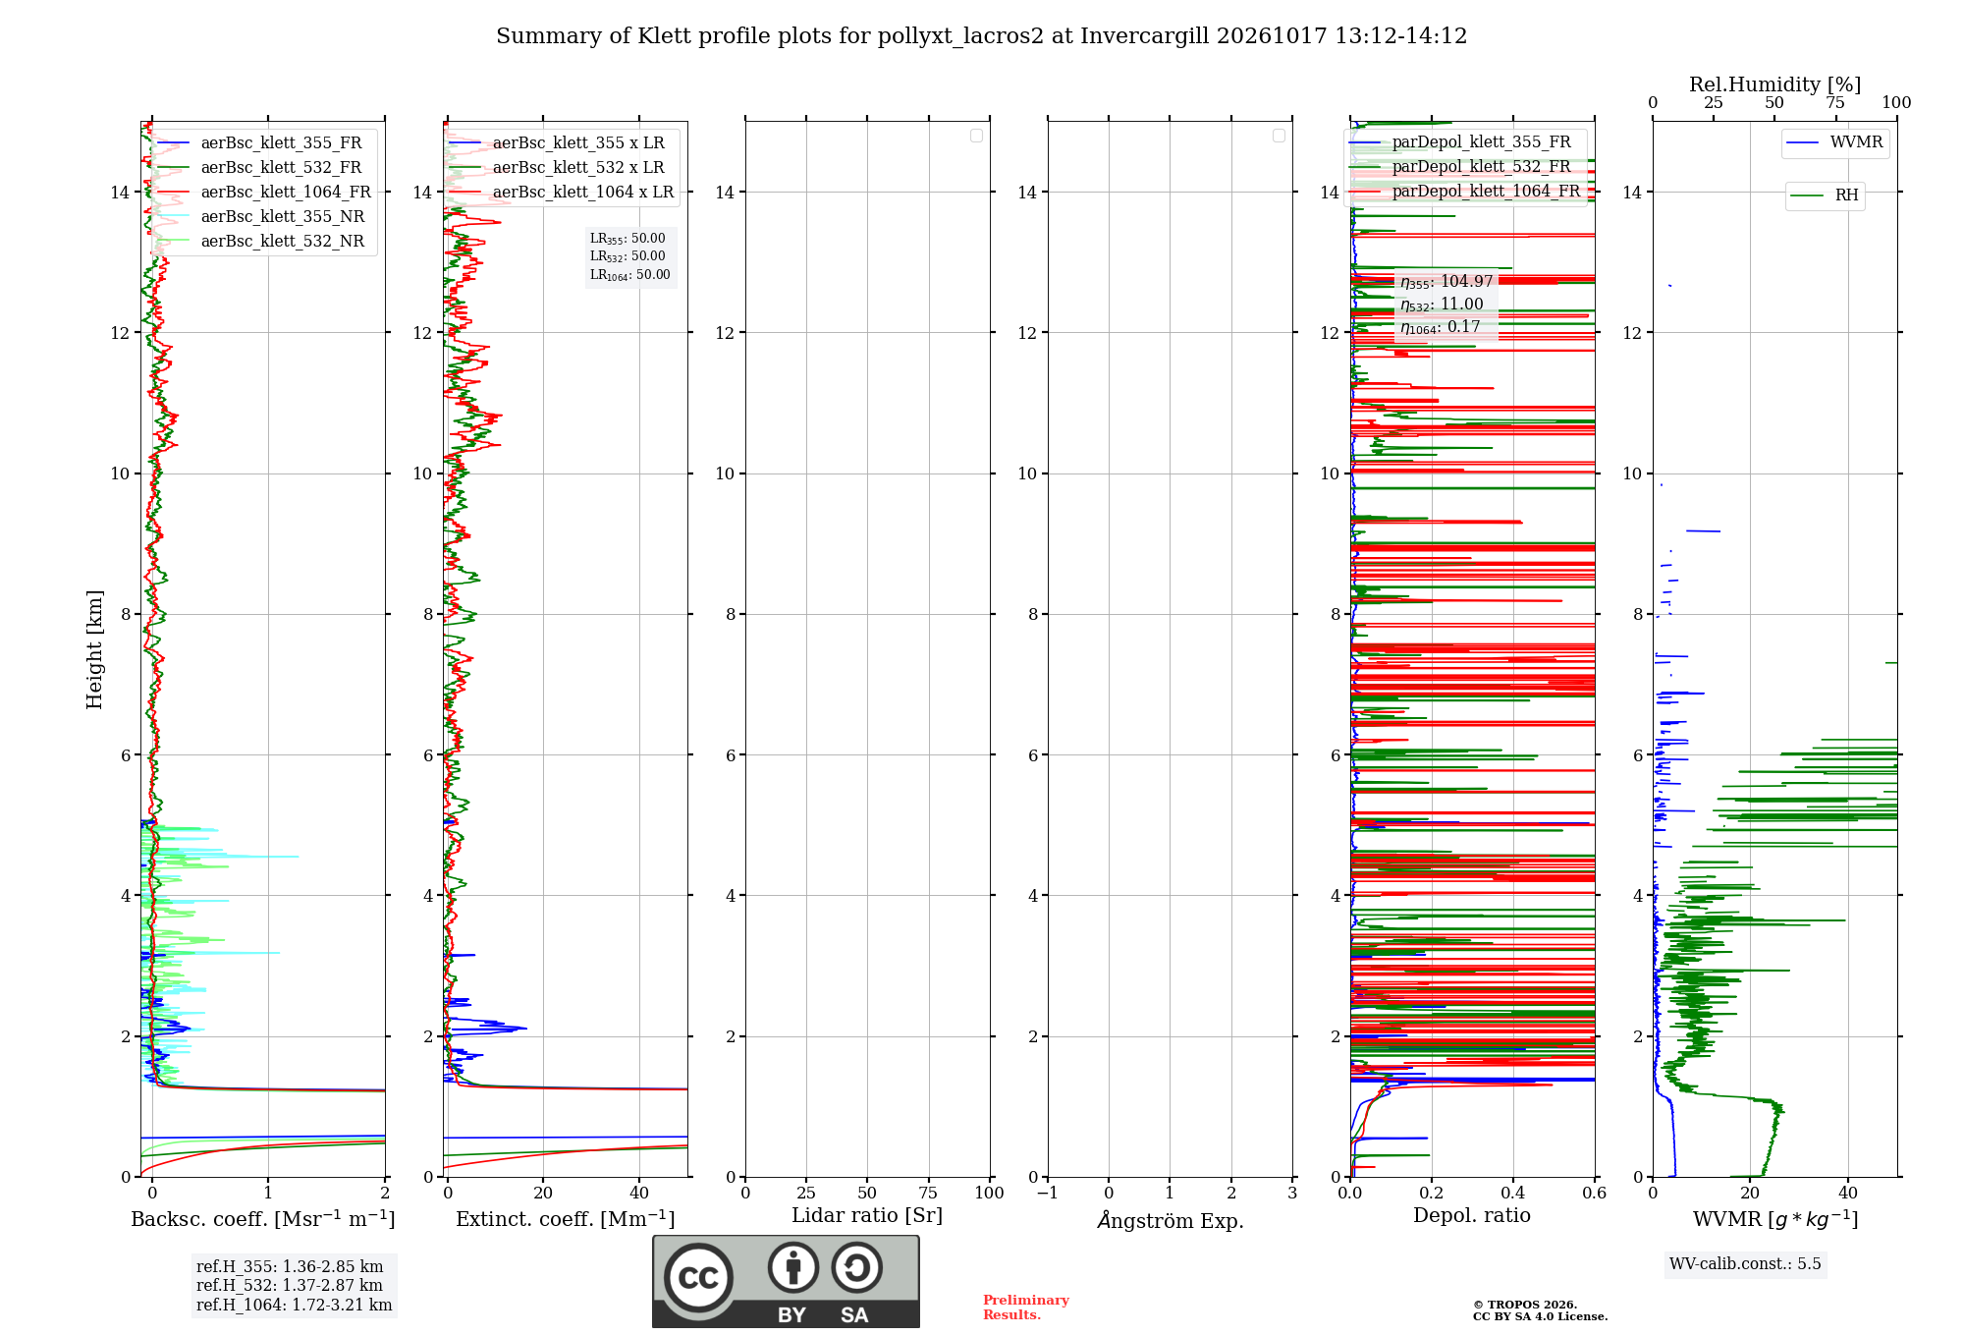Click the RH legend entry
coord(1826,195)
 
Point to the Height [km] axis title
coord(94,649)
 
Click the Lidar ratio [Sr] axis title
coord(867,1215)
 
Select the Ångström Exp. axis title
coord(1171,1220)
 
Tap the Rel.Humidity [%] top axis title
coord(1774,84)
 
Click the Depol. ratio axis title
coord(1472,1215)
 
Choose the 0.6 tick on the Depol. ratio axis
coord(1595,1193)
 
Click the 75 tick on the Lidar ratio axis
coord(928,1193)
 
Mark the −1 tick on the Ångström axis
coord(1048,1193)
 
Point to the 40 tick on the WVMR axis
coord(1848,1193)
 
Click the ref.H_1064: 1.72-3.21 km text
coord(295,1305)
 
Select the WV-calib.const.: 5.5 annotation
coord(1745,1263)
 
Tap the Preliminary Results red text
coord(1026,1308)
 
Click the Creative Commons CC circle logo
coord(698,1277)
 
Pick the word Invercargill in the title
coord(1145,36)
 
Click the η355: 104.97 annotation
coord(1446,282)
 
